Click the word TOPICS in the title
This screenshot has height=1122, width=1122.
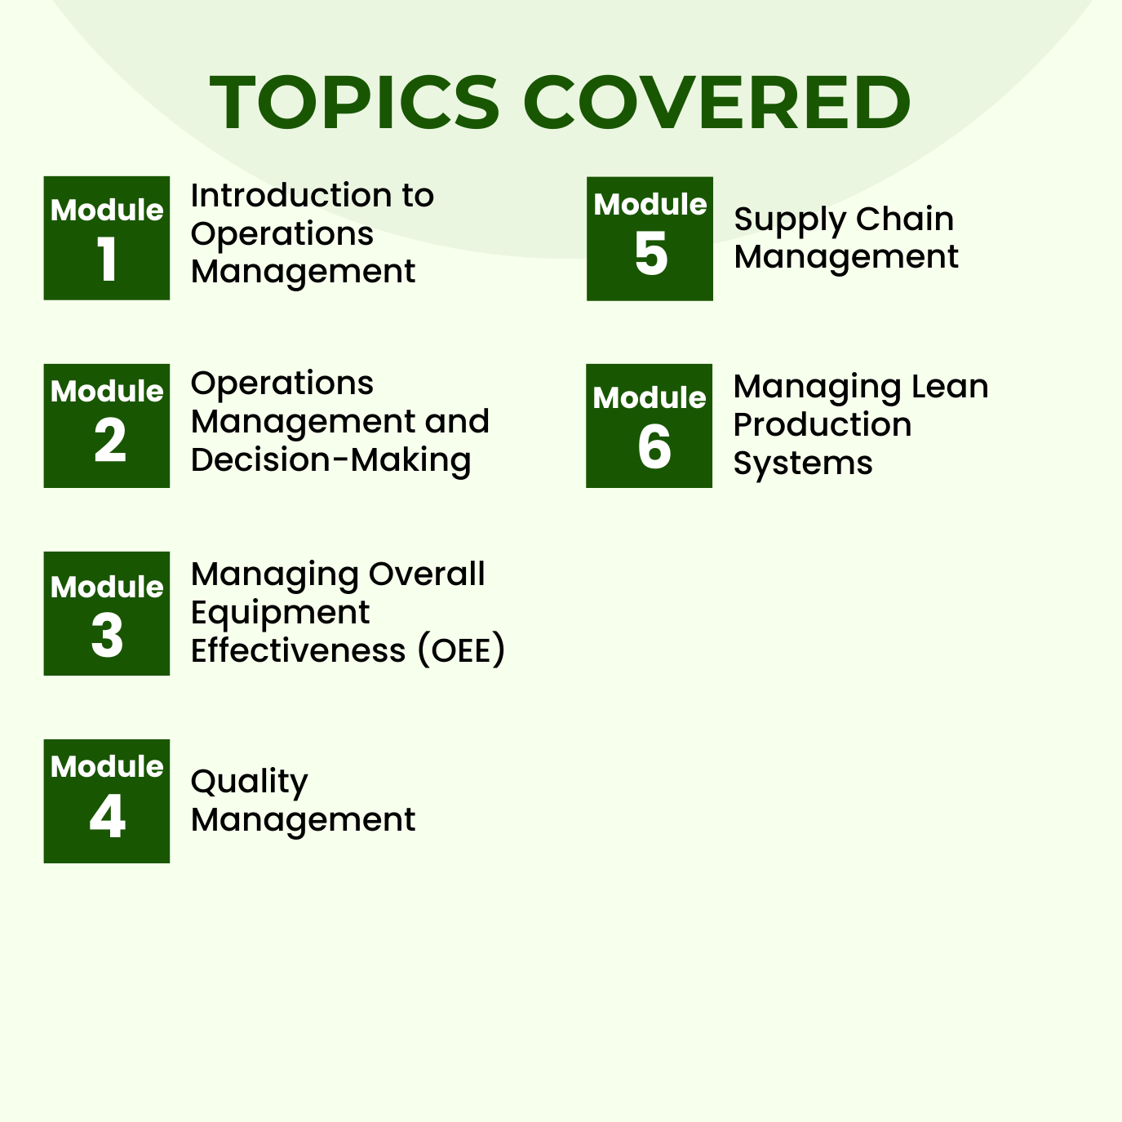point(355,103)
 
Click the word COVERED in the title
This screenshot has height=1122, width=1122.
point(722,103)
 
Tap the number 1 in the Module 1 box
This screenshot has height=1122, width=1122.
point(108,260)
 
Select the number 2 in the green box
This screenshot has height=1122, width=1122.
point(110,441)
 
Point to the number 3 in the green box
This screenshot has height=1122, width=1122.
point(108,636)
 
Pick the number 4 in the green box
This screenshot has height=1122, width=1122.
point(108,816)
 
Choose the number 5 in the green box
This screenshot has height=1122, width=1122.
point(651,254)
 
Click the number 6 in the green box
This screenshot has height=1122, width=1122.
point(654,447)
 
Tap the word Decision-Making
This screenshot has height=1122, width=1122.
point(330,460)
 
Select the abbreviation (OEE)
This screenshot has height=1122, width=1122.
point(462,651)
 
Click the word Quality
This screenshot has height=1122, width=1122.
point(249,783)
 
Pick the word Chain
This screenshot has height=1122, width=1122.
point(905,219)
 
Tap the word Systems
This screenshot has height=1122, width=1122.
point(803,463)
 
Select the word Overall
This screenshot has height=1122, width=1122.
point(427,574)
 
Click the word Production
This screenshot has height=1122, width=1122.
point(823,424)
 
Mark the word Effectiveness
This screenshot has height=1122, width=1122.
point(298,651)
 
